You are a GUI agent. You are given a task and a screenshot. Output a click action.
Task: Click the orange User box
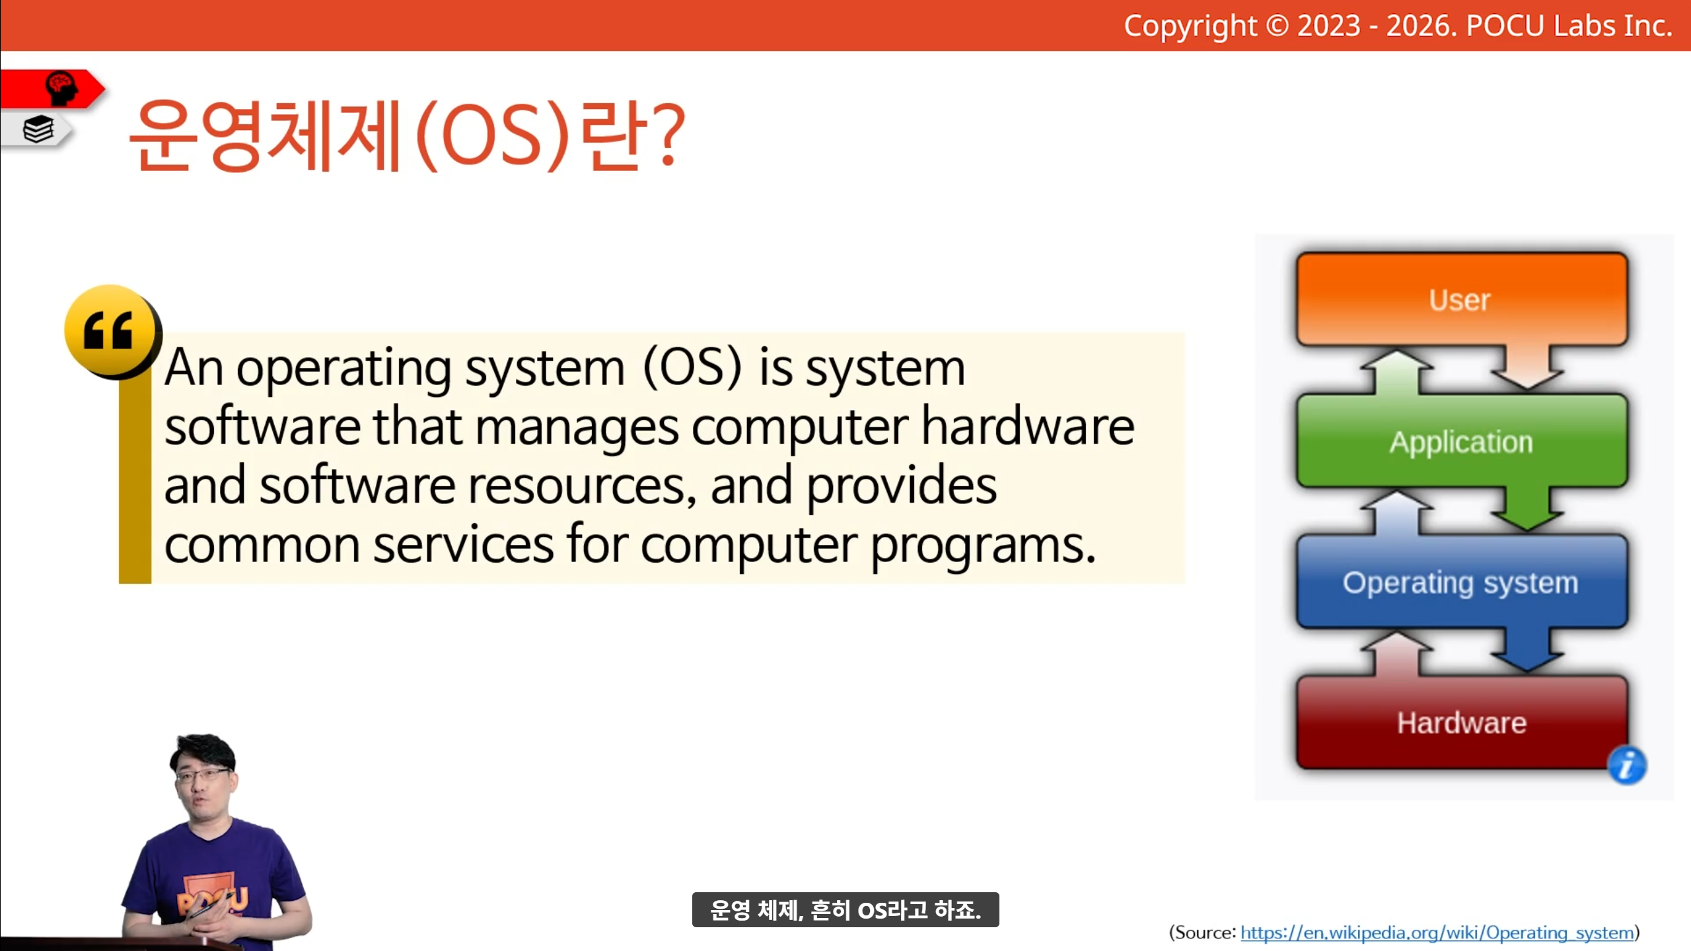coord(1462,299)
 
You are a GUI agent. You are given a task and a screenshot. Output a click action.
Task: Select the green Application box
coord(1462,441)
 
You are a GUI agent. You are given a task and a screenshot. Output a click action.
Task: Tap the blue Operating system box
coord(1462,582)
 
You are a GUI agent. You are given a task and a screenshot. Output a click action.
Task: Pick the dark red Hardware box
coord(1462,722)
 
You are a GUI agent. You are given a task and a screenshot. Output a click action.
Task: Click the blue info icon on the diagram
coord(1627,765)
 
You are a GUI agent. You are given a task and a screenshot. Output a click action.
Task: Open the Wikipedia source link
coord(1437,933)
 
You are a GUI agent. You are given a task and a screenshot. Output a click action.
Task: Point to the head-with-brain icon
coord(61,88)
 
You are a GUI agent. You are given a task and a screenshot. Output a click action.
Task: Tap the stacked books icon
coord(38,129)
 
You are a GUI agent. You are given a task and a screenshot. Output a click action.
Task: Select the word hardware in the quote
coord(1028,427)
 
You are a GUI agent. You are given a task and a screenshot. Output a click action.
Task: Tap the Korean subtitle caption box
coord(845,910)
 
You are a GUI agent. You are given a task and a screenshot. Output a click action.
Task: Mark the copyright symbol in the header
coord(1277,26)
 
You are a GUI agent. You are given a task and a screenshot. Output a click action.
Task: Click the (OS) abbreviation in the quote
coord(692,367)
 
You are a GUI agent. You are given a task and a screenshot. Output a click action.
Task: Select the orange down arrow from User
coord(1527,367)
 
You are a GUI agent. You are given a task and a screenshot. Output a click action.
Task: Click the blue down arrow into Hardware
coord(1527,650)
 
